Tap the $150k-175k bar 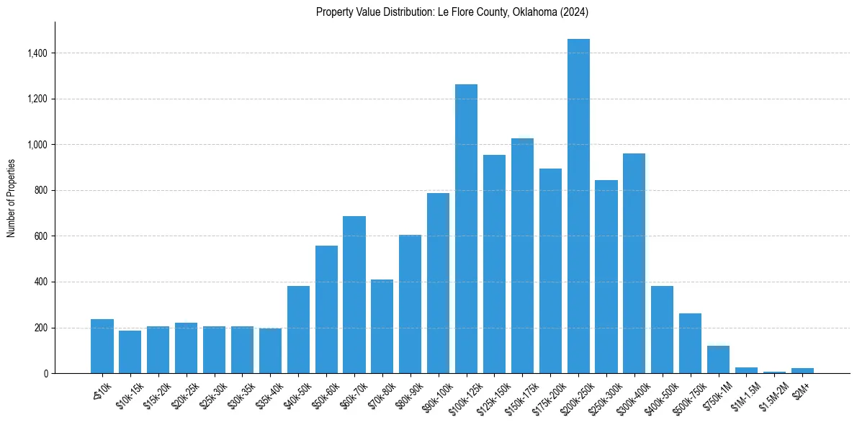coord(522,256)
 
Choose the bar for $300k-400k coord(634,264)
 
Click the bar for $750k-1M coord(718,359)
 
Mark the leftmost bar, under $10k coord(102,346)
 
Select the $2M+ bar coord(802,370)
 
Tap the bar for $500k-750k coord(690,344)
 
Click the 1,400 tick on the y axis coord(37,53)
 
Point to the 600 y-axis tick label coord(41,236)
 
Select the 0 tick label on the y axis coord(46,374)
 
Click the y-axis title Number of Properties coord(11,198)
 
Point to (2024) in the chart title coord(573,12)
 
